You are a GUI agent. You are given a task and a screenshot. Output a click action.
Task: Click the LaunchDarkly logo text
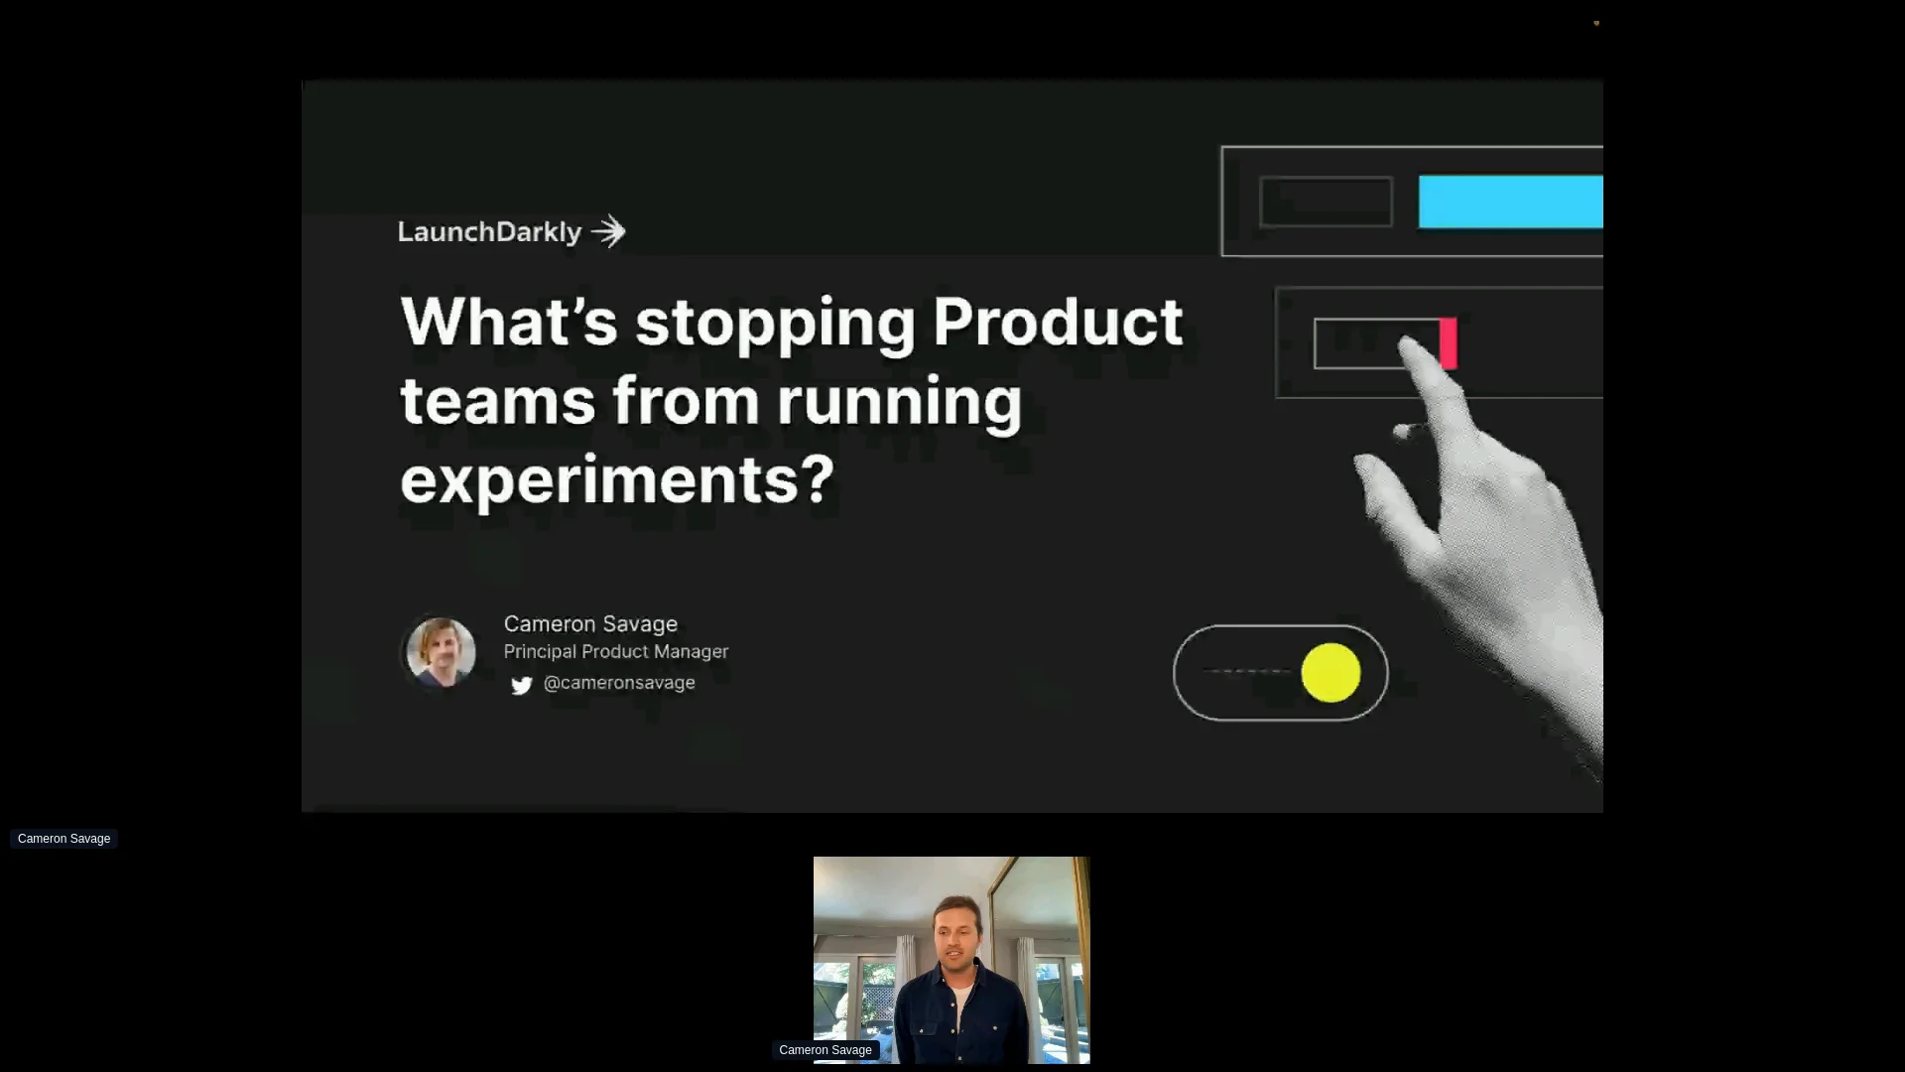(x=489, y=232)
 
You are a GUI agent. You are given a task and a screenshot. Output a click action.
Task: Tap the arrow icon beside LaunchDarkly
(x=609, y=232)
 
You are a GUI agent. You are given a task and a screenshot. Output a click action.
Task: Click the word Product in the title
(x=1057, y=322)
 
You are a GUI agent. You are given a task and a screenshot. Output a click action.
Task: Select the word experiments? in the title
(x=617, y=479)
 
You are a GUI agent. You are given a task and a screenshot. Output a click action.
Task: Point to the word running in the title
(x=899, y=401)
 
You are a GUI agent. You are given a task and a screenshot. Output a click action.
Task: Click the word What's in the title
(x=509, y=322)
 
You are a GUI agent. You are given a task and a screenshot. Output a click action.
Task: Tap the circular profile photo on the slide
(x=441, y=652)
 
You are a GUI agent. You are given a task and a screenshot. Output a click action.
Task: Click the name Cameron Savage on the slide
(x=590, y=624)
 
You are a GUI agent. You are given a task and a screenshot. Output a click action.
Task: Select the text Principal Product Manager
(x=616, y=652)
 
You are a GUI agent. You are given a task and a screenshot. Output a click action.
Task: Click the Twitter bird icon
(x=522, y=685)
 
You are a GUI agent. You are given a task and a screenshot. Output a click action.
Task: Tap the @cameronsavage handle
(x=619, y=683)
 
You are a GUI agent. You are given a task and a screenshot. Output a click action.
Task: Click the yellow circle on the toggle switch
(x=1331, y=673)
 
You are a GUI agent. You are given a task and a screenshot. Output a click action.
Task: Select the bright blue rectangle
(x=1510, y=202)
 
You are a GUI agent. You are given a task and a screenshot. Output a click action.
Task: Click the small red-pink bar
(x=1449, y=343)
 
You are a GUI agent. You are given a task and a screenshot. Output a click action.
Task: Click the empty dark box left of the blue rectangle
(x=1326, y=202)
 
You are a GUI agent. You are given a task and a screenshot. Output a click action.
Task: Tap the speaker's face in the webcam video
(x=956, y=939)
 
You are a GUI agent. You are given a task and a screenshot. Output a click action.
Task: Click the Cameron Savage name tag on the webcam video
(x=825, y=1050)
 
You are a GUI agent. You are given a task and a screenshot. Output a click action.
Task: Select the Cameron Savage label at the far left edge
(x=63, y=839)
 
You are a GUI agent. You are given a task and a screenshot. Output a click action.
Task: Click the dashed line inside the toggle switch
(x=1248, y=672)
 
